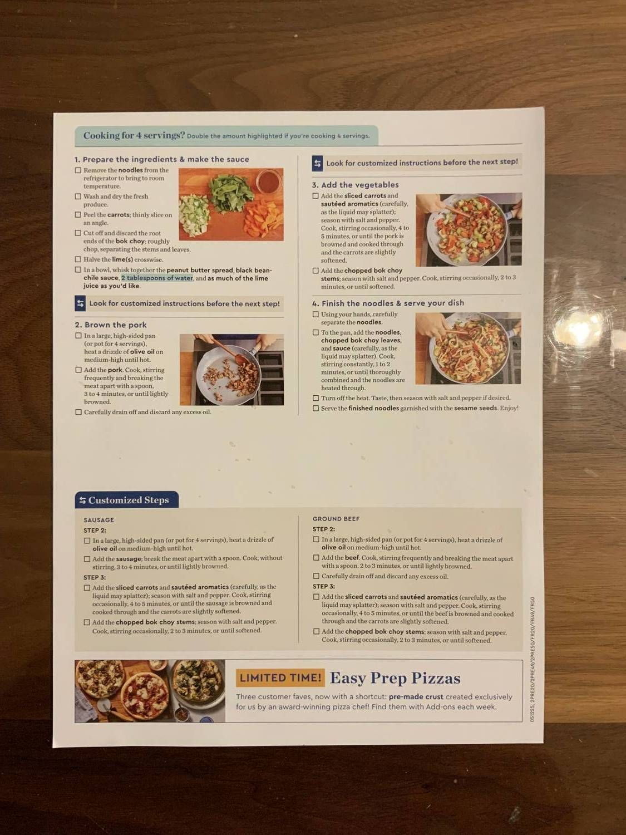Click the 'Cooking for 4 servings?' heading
pyautogui.click(x=134, y=135)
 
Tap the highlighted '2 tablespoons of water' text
pyautogui.click(x=157, y=278)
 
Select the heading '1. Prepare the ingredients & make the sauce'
pyautogui.click(x=162, y=159)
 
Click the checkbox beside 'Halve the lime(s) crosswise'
pyautogui.click(x=78, y=259)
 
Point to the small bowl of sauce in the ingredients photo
pyautogui.click(x=269, y=181)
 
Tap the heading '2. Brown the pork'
pyautogui.click(x=111, y=325)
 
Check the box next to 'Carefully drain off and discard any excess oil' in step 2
pyautogui.click(x=78, y=412)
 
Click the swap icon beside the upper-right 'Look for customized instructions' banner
pyautogui.click(x=317, y=163)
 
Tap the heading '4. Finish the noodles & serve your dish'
pyautogui.click(x=388, y=303)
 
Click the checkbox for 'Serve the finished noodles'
pyautogui.click(x=316, y=408)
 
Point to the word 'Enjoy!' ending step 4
pyautogui.click(x=509, y=408)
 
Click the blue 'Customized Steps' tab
pyautogui.click(x=127, y=500)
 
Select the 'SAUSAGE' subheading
pyautogui.click(x=98, y=520)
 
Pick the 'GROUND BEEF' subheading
pyautogui.click(x=336, y=519)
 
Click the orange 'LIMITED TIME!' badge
pyautogui.click(x=280, y=677)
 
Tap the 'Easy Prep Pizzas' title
pyautogui.click(x=395, y=678)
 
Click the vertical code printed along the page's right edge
pyautogui.click(x=533, y=660)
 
